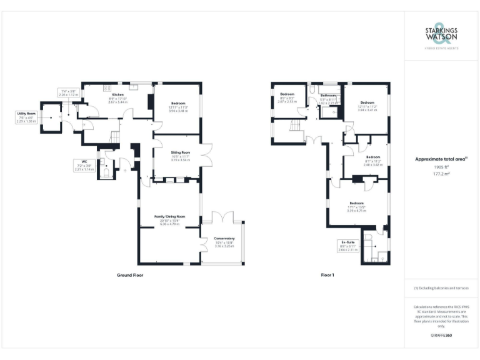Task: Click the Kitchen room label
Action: pyautogui.click(x=117, y=94)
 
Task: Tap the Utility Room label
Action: pyautogui.click(x=25, y=113)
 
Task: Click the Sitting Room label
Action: pyautogui.click(x=180, y=152)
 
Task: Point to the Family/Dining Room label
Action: pyautogui.click(x=170, y=216)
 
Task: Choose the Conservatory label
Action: pyautogui.click(x=224, y=238)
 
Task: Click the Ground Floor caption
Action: pyautogui.click(x=130, y=275)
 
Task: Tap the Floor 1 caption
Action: pyautogui.click(x=327, y=275)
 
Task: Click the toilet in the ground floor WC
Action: pyautogui.click(x=107, y=169)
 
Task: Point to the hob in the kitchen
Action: pyautogui.click(x=107, y=88)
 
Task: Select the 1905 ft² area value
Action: pyautogui.click(x=441, y=167)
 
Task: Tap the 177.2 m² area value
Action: pyautogui.click(x=441, y=174)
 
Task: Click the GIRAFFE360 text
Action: pyautogui.click(x=441, y=336)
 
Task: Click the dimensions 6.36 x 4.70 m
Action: pyautogui.click(x=170, y=224)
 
